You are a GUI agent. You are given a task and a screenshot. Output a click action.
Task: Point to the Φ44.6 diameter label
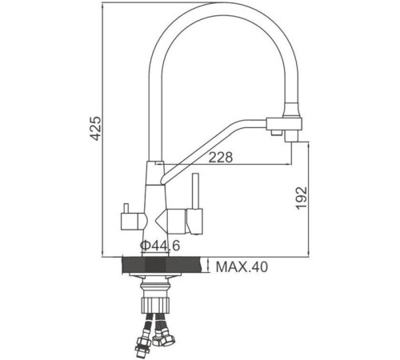(x=158, y=246)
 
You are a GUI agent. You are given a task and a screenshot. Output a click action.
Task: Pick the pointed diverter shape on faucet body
(x=164, y=218)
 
